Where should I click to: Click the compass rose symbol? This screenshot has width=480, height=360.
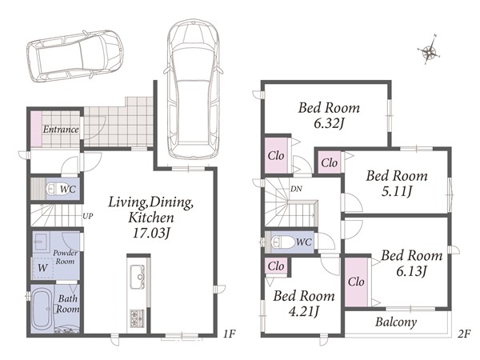[429, 50]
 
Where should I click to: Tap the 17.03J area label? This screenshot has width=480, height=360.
[150, 233]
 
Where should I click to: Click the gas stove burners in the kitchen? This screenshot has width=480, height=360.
[138, 318]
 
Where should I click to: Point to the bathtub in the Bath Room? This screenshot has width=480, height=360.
[42, 309]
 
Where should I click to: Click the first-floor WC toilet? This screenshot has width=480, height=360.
[53, 189]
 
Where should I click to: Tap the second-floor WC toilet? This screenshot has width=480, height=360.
[281, 242]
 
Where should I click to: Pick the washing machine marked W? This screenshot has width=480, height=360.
[43, 268]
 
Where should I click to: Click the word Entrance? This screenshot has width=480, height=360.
[61, 129]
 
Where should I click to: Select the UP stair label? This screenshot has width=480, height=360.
[87, 216]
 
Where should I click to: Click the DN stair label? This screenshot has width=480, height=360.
[296, 189]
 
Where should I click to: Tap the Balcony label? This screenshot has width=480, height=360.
[396, 322]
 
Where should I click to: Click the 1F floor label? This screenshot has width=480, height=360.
[230, 334]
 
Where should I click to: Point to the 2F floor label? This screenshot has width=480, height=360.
[464, 334]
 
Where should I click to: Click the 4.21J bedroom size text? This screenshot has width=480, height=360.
[304, 312]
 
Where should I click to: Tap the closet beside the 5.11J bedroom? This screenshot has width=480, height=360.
[330, 162]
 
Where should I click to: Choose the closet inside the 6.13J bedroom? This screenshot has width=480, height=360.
[356, 282]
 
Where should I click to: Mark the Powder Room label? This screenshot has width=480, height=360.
[65, 257]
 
